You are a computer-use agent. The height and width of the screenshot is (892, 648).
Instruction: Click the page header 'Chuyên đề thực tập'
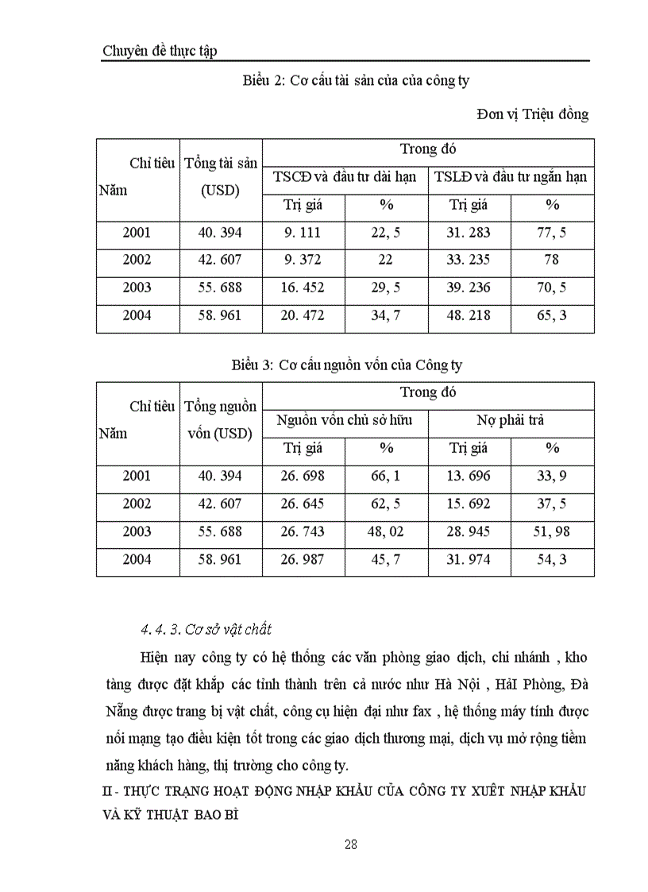(x=160, y=51)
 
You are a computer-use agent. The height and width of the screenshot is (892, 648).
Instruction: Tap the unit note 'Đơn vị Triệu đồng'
(x=532, y=114)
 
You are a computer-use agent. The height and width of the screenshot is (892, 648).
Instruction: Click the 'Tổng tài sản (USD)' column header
(x=221, y=177)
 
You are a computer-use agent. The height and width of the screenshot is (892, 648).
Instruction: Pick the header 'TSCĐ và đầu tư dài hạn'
(x=345, y=177)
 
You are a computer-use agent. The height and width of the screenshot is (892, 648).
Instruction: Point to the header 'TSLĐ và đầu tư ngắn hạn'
(x=511, y=177)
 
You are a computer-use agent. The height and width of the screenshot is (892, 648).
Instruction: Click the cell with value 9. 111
(x=303, y=233)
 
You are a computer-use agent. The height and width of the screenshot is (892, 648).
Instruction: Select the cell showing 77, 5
(x=552, y=233)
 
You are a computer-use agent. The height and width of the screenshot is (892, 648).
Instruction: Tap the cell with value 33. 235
(x=469, y=260)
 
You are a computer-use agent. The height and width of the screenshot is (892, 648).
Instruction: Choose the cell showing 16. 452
(x=303, y=288)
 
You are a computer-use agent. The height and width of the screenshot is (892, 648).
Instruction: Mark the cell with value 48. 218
(x=469, y=315)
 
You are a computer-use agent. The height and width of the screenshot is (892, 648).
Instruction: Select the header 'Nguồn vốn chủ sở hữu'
(x=345, y=420)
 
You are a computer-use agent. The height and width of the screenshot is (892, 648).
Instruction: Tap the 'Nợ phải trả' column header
(x=511, y=420)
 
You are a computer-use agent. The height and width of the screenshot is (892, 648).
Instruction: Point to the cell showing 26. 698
(x=303, y=476)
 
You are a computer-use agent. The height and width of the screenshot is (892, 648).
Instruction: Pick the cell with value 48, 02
(x=386, y=531)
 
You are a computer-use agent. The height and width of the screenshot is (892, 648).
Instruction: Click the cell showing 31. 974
(x=469, y=559)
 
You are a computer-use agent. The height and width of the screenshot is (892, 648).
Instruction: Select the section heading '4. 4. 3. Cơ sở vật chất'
(x=206, y=630)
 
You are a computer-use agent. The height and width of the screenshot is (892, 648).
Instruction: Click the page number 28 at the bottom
(x=350, y=844)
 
